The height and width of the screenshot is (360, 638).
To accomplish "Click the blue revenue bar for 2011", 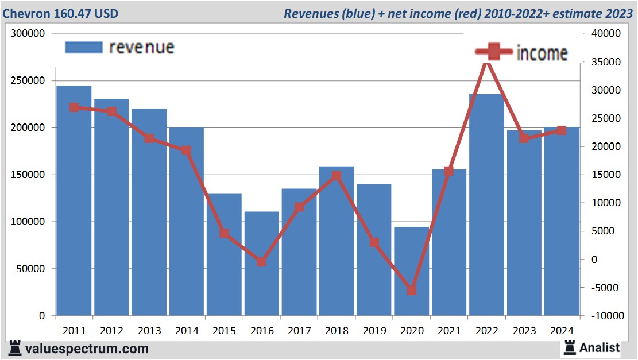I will pyautogui.click(x=74, y=201).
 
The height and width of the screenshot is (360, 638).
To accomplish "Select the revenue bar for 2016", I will pyautogui.click(x=261, y=264).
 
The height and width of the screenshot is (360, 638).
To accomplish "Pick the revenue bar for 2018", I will pyautogui.click(x=337, y=241).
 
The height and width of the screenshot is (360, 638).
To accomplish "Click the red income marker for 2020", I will pyautogui.click(x=411, y=291).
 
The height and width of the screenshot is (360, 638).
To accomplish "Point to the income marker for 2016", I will pyautogui.click(x=261, y=262).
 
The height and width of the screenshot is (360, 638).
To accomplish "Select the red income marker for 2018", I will pyautogui.click(x=337, y=176).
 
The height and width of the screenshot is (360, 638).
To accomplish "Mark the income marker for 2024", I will pyautogui.click(x=561, y=130).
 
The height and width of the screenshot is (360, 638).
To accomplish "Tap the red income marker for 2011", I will pyautogui.click(x=74, y=107).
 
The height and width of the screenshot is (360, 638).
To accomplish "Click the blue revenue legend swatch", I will pyautogui.click(x=84, y=47).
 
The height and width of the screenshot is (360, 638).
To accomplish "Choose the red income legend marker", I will pyautogui.click(x=494, y=52).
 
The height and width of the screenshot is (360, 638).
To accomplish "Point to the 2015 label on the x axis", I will pyautogui.click(x=223, y=331).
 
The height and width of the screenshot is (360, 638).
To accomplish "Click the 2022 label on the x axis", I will pyautogui.click(x=486, y=331).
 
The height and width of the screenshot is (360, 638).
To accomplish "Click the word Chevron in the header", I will pyautogui.click(x=26, y=13).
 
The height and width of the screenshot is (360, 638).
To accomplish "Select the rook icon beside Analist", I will pyautogui.click(x=570, y=347).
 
